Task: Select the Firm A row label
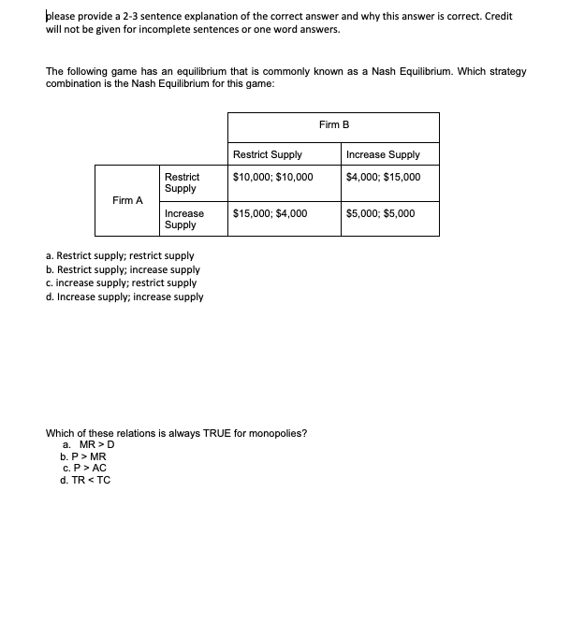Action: point(127,200)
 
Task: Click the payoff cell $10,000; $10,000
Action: point(272,177)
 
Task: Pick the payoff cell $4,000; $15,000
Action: point(383,177)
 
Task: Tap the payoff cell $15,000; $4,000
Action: point(270,213)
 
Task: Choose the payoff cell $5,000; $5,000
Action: point(380,213)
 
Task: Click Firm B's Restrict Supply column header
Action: point(267,154)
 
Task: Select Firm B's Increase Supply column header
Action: point(383,154)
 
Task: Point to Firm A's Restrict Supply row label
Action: point(181,182)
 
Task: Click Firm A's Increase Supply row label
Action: point(183,219)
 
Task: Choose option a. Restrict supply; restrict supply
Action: point(120,255)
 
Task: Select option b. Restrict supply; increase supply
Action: point(122,269)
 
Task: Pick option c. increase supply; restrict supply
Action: point(121,282)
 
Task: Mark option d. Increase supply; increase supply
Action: point(124,297)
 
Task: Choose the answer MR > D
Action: point(88,444)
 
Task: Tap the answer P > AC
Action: point(84,468)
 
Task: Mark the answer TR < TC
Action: point(85,480)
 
